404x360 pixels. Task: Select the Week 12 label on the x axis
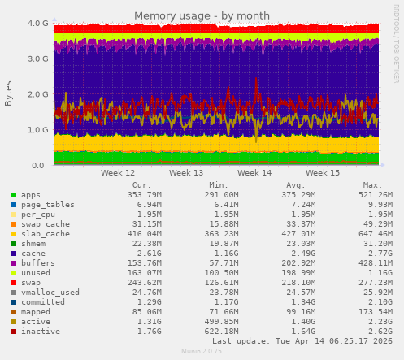(x=118, y=173)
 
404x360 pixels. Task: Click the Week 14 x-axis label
(x=254, y=173)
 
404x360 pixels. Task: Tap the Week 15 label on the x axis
(x=323, y=173)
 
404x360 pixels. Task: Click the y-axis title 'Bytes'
(x=9, y=93)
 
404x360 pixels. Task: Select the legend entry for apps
(x=31, y=195)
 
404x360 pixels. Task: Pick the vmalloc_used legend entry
(x=50, y=292)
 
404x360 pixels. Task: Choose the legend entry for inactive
(x=41, y=331)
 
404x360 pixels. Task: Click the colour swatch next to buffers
(x=13, y=262)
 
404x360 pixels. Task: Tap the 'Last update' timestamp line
(x=301, y=341)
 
